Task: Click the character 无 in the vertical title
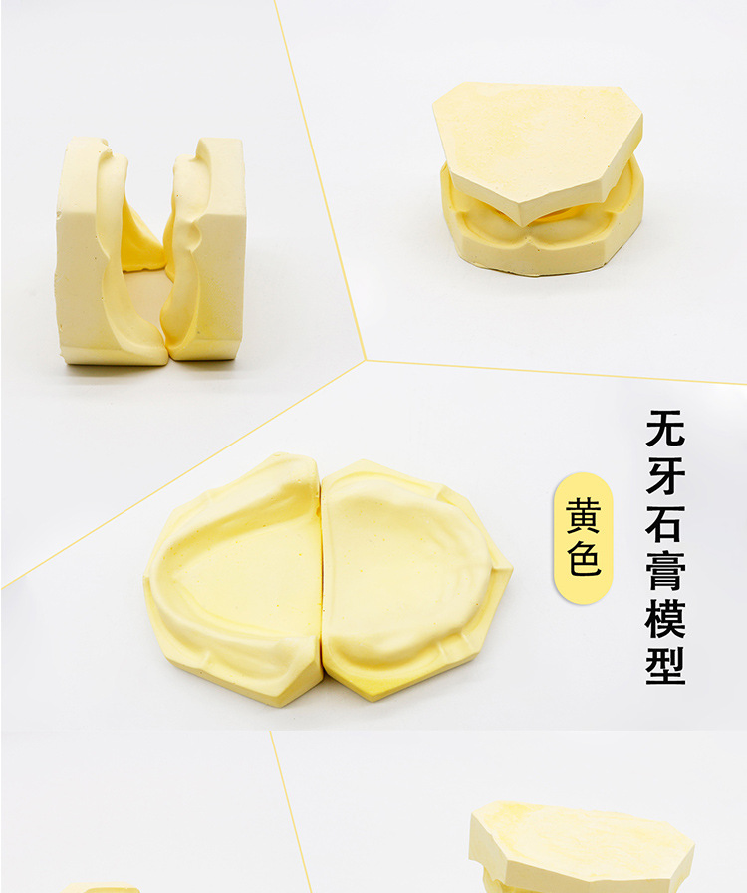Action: point(665,428)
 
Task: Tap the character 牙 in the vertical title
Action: point(665,475)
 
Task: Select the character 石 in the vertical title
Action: point(665,523)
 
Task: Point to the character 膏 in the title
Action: point(665,571)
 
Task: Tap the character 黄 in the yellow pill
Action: point(583,516)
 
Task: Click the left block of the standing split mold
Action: point(109,250)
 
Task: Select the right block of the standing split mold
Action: point(205,249)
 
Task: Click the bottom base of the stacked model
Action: point(541,228)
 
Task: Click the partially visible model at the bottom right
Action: point(582,848)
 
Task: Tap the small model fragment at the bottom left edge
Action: point(100,888)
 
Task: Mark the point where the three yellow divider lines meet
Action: point(365,360)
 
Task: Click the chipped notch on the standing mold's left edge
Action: point(59,215)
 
